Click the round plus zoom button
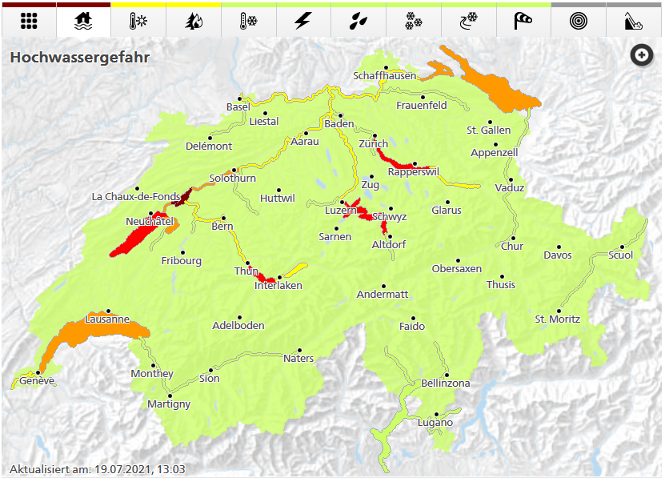click(x=641, y=55)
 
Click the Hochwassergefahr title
click(x=80, y=58)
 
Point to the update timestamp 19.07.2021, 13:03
click(x=98, y=469)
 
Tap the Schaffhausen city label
click(x=385, y=76)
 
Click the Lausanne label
click(x=107, y=319)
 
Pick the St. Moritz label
click(x=558, y=319)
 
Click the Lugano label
click(x=435, y=423)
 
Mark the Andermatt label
click(x=383, y=294)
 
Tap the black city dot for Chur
click(x=512, y=238)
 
